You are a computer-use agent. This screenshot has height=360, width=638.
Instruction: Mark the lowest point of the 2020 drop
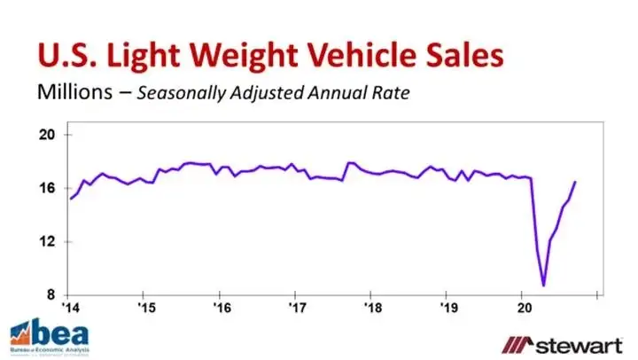pos(543,286)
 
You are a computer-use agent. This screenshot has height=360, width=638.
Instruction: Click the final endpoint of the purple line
pos(575,182)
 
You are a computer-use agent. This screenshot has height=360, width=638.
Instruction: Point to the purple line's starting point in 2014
pos(71,198)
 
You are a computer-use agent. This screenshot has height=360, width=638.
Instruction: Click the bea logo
pos(47,335)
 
